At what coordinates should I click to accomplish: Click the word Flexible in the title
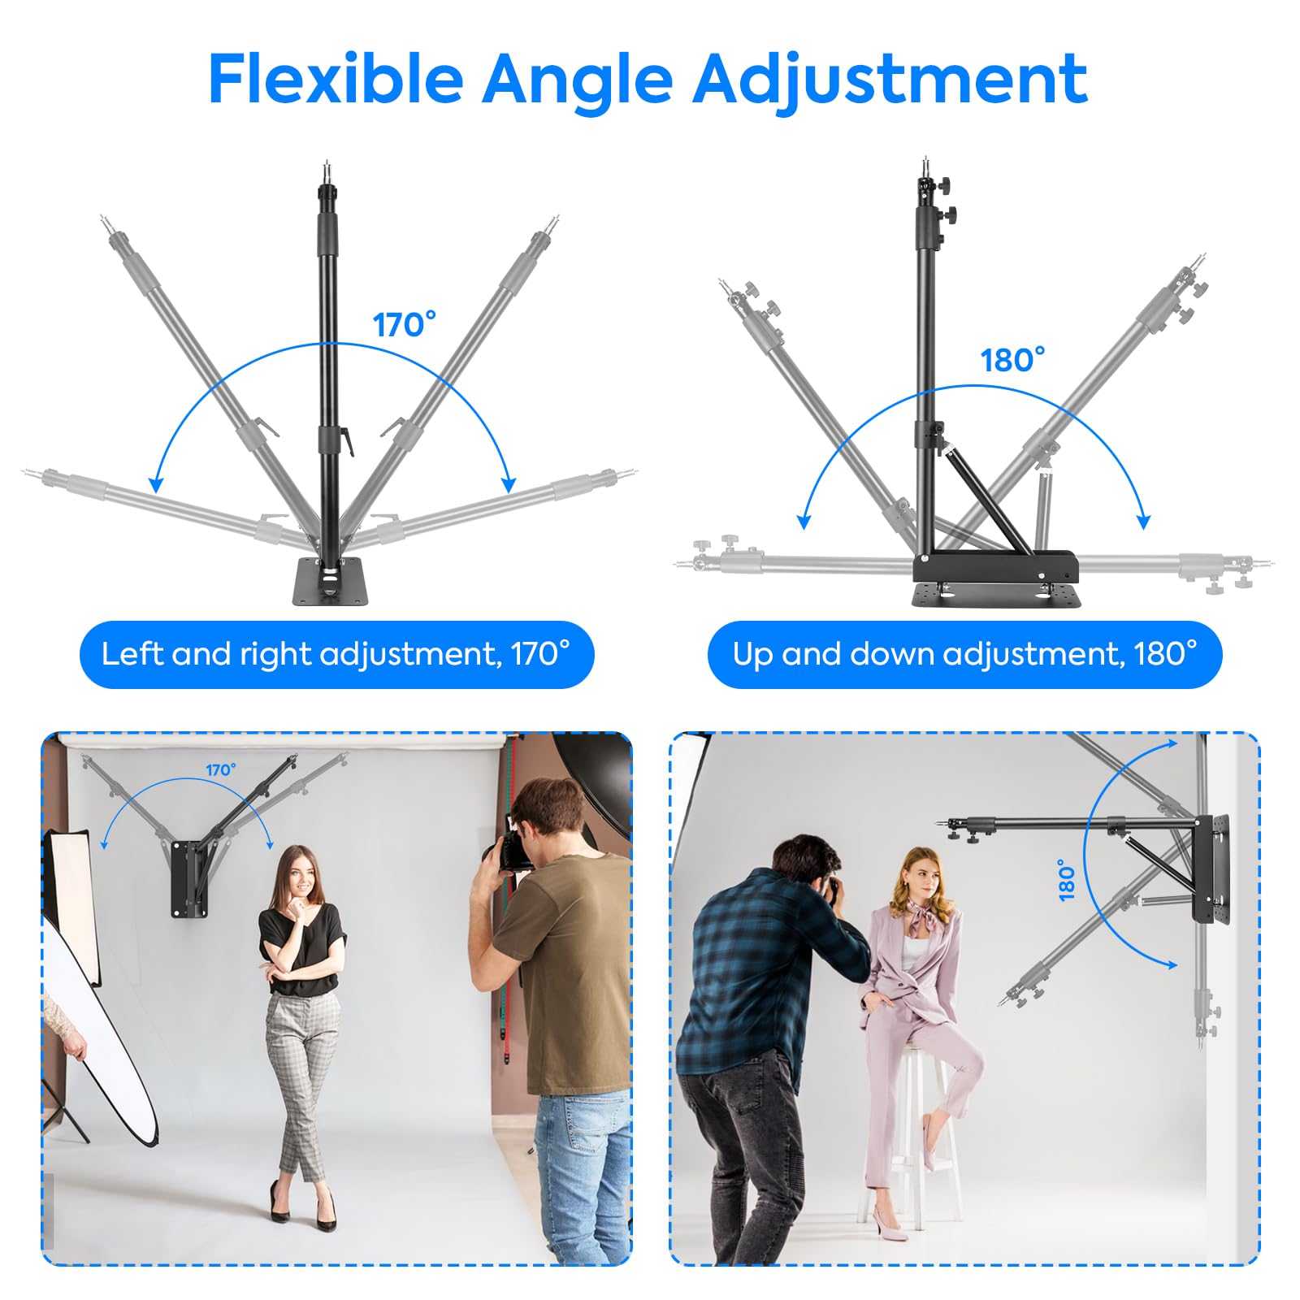(335, 79)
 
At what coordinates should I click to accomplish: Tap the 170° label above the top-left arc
(404, 325)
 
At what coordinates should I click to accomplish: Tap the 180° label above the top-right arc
(1012, 360)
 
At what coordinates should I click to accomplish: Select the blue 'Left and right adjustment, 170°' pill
(336, 654)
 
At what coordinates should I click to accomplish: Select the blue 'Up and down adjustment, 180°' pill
(964, 654)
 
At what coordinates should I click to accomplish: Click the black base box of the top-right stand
(996, 566)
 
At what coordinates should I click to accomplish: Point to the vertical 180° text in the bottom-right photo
(1067, 880)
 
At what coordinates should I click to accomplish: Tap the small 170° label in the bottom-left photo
(220, 769)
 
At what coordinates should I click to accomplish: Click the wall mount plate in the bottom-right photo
(1211, 868)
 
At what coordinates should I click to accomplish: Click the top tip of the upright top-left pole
(327, 165)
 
